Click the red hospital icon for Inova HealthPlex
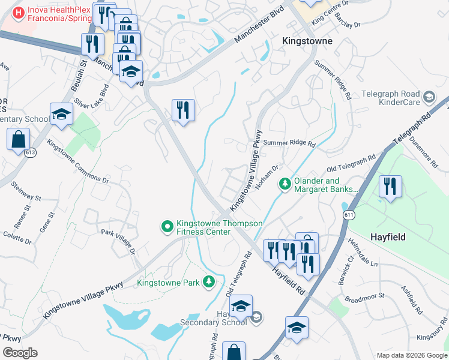pos(19,11)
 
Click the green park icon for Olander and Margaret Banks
pos(286,183)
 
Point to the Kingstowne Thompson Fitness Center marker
pos(166,226)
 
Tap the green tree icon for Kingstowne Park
pos(208,281)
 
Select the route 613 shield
pos(30,154)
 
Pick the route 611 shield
pos(346,215)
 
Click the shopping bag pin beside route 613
pos(19,139)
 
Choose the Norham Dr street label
pos(268,177)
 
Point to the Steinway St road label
pos(25,190)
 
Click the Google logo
pos(20,352)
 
